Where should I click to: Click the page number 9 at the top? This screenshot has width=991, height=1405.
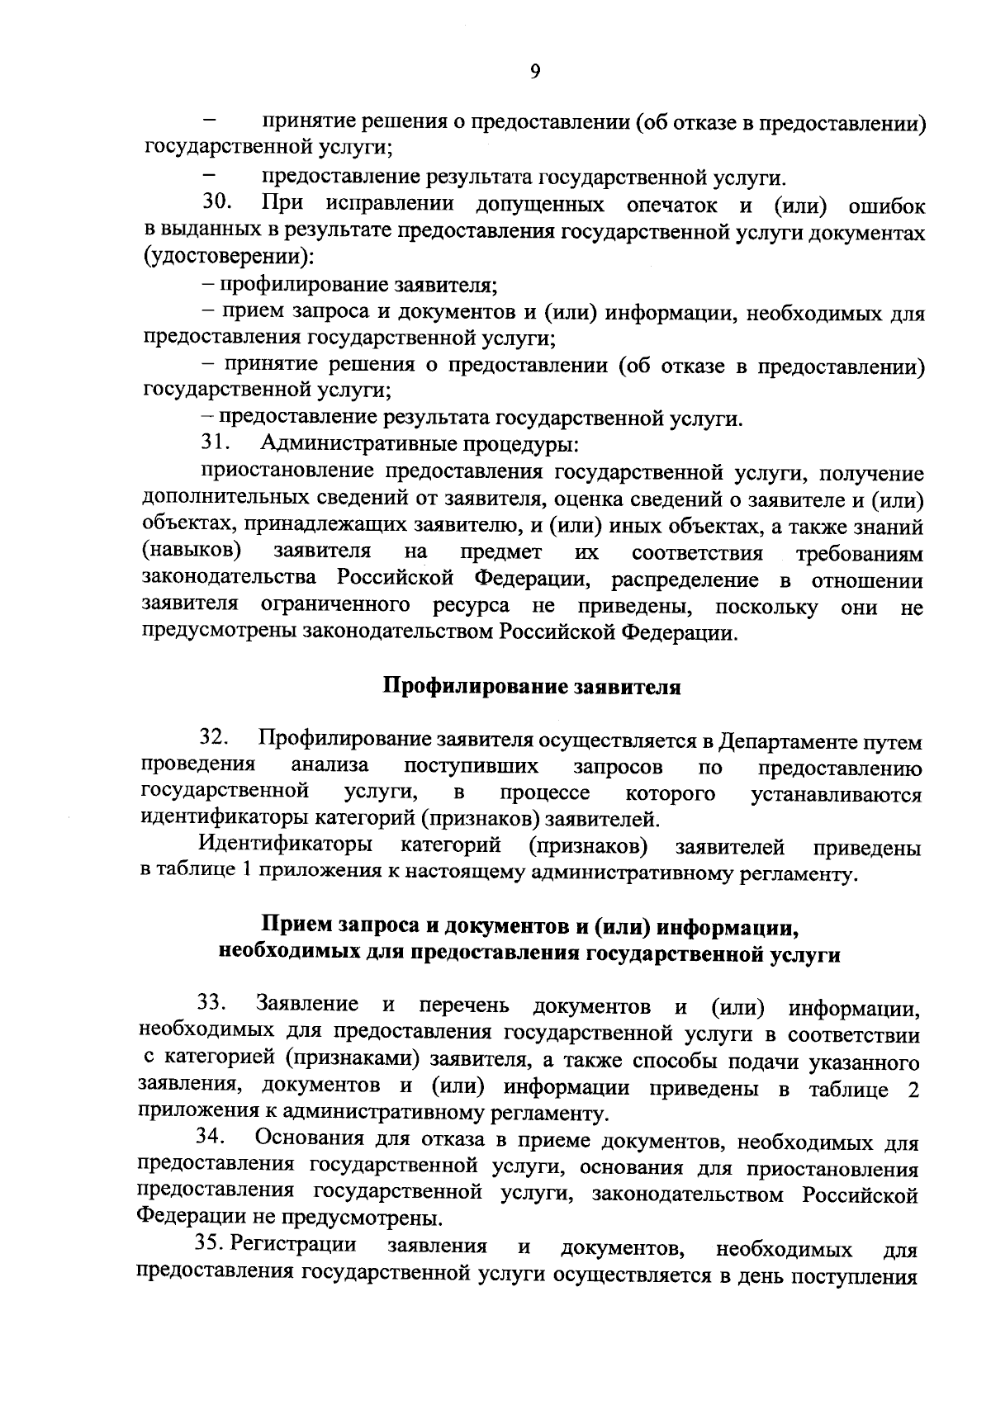click(534, 72)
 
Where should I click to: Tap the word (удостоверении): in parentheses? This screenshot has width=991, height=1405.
click(228, 258)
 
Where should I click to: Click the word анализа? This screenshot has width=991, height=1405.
click(330, 767)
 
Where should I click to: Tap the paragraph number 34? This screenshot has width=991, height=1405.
click(211, 1138)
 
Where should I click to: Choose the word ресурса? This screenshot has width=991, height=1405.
click(471, 605)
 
